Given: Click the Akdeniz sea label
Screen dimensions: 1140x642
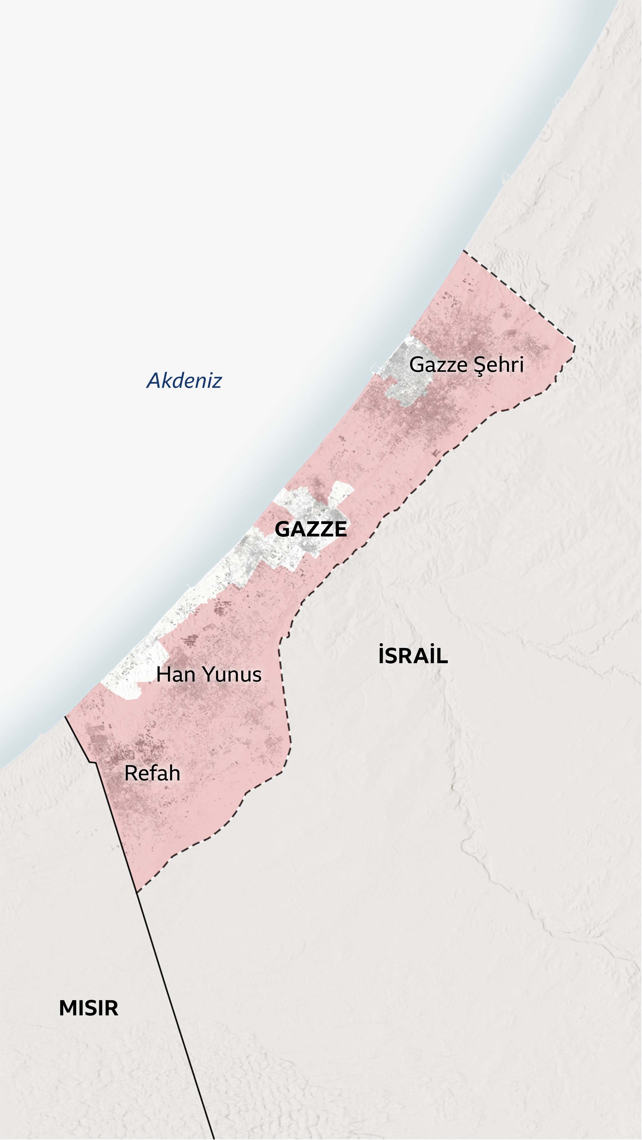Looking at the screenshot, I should point(184,381).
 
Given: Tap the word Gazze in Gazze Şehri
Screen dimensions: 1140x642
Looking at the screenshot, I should point(438,365).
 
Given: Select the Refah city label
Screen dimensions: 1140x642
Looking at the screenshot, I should point(152,774).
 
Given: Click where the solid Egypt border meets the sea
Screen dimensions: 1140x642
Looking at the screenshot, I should point(66,717).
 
